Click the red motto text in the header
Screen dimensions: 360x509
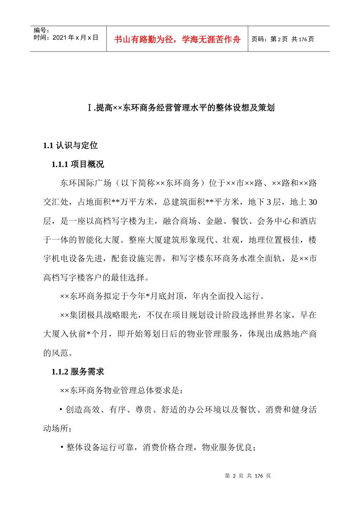click(177, 39)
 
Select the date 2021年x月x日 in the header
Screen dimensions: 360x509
click(75, 37)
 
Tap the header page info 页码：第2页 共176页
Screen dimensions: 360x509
click(283, 39)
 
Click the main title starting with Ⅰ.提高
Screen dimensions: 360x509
click(180, 108)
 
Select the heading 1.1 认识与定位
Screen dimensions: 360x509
click(70, 145)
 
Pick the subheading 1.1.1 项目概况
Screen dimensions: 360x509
click(78, 164)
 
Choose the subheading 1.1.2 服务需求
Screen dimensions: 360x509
click(78, 372)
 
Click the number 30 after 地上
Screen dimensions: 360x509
click(313, 202)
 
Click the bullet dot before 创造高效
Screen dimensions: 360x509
click(61, 409)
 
